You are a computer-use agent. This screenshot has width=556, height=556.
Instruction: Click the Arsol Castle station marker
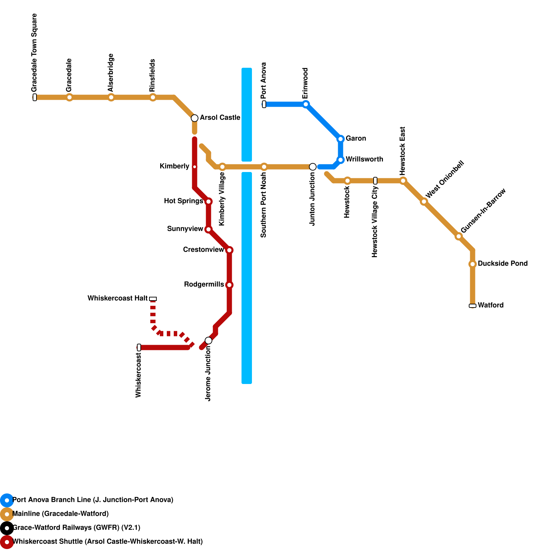click(195, 118)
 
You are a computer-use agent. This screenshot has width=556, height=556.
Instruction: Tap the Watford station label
click(491, 305)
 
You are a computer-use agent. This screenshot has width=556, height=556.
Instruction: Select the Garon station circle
click(341, 139)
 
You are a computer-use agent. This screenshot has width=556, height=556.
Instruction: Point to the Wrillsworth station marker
click(341, 160)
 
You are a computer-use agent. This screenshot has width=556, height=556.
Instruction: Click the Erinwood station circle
click(306, 104)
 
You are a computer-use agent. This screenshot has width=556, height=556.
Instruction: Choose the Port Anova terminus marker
click(264, 104)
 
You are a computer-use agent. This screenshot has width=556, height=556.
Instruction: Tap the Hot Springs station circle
click(208, 202)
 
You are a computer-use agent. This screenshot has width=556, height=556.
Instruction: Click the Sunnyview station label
click(185, 229)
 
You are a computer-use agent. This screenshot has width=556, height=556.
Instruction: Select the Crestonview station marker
click(229, 250)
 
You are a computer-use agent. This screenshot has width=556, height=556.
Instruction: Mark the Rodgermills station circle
click(229, 285)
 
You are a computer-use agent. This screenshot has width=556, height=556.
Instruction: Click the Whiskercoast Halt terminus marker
click(153, 299)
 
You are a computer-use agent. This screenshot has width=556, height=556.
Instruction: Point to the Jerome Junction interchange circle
click(208, 341)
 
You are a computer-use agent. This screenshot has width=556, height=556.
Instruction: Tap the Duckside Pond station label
click(502, 264)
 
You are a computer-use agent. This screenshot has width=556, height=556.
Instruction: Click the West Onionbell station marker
click(424, 202)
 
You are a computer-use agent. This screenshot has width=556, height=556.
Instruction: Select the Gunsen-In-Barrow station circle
click(459, 236)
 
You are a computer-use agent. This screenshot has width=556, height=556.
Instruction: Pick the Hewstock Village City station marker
click(375, 181)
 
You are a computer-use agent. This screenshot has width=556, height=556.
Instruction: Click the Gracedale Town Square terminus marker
click(35, 97)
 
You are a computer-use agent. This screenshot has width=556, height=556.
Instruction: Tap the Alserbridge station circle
click(111, 97)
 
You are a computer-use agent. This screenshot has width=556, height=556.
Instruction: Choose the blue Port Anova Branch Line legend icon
click(7, 500)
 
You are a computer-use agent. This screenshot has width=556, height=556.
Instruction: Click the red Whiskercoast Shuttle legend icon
click(7, 542)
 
